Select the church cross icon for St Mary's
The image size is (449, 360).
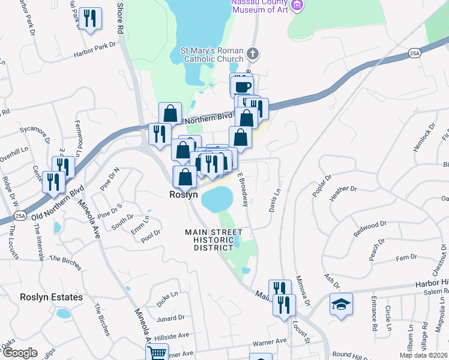point(253,54)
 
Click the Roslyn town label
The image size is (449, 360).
point(184,195)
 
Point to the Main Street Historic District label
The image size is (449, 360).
point(214,239)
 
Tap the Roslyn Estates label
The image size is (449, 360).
point(51,297)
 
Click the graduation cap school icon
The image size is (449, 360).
point(341,304)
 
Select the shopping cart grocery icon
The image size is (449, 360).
point(157,353)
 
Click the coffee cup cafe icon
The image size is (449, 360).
point(243,86)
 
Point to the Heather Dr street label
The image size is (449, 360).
point(343,189)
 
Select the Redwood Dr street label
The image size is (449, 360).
point(370,227)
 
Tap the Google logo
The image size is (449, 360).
point(20,353)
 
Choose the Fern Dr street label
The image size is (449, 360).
point(405,257)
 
